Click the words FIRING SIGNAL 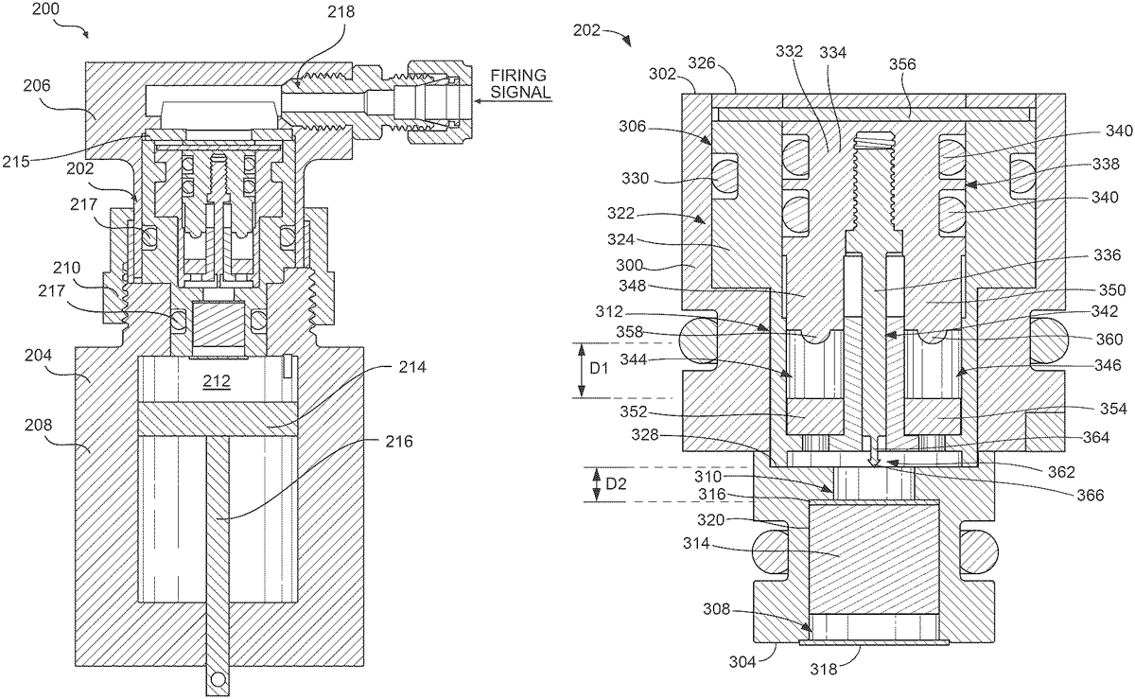click(519, 83)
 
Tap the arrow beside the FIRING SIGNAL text click(513, 101)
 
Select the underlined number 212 click(217, 380)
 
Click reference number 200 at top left click(45, 9)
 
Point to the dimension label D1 click(599, 368)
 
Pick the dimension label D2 click(616, 483)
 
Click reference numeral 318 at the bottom click(824, 670)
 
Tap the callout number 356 click(903, 64)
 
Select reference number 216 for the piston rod click(399, 442)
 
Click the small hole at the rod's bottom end click(218, 678)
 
